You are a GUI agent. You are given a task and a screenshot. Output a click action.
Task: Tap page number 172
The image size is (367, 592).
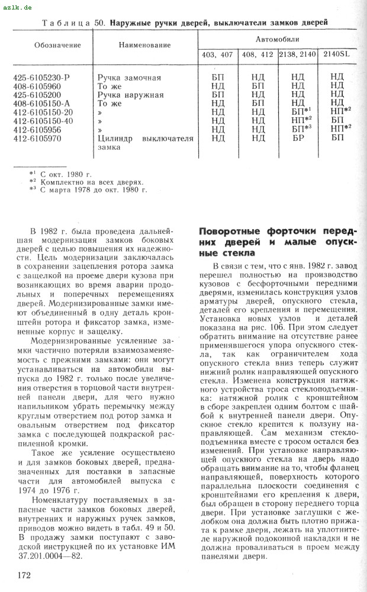coord(25,574)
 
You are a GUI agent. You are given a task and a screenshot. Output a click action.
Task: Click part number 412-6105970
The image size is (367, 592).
coord(41,138)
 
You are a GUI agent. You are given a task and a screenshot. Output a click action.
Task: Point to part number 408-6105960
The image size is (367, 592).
coord(37,86)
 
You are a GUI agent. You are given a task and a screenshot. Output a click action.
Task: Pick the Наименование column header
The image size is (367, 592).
coord(144,46)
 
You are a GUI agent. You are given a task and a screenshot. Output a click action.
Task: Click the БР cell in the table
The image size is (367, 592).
coord(298,138)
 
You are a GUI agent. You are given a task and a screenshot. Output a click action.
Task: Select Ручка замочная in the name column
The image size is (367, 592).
coord(129,78)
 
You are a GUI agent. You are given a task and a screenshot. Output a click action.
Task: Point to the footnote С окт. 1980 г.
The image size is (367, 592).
coord(66,174)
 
